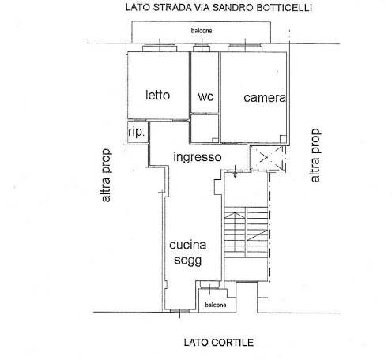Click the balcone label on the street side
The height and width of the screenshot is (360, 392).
(x=202, y=32)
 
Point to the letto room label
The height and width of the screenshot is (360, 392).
(x=158, y=96)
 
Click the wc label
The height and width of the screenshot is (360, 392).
(x=205, y=96)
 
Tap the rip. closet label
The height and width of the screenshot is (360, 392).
(x=137, y=133)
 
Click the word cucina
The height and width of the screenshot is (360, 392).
(x=189, y=246)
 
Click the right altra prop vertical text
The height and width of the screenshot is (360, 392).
(x=316, y=156)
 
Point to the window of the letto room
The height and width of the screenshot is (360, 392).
(x=159, y=49)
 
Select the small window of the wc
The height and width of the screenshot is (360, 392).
(x=202, y=49)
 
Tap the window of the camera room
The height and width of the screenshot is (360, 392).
(x=245, y=49)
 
